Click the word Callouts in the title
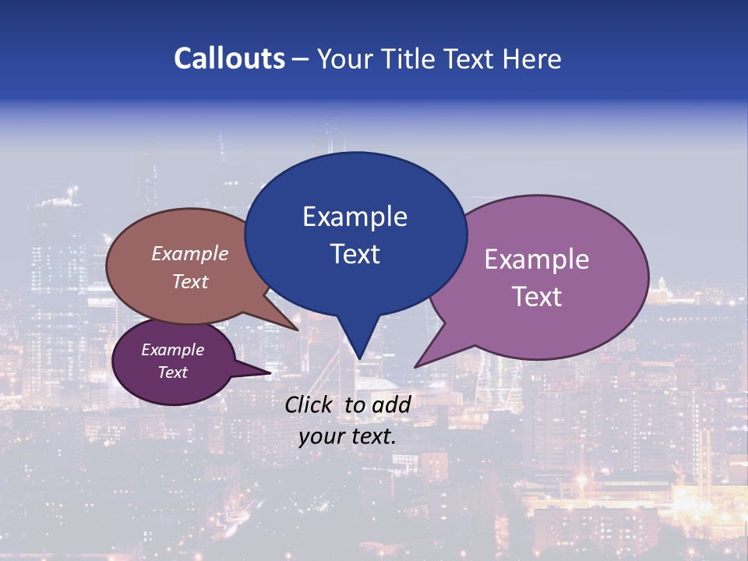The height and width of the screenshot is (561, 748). pyautogui.click(x=229, y=58)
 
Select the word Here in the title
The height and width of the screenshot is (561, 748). pyautogui.click(x=532, y=58)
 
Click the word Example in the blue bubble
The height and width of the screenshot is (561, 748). pyautogui.click(x=355, y=217)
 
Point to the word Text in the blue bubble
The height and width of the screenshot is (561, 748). pyautogui.click(x=355, y=254)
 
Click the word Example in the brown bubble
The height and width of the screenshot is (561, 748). pyautogui.click(x=190, y=253)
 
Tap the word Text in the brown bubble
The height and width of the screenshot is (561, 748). pyautogui.click(x=190, y=281)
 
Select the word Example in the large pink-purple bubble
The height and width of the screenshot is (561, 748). pyautogui.click(x=537, y=259)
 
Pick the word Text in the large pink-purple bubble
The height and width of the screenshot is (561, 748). pyautogui.click(x=537, y=297)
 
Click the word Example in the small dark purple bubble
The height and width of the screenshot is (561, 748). pyautogui.click(x=173, y=350)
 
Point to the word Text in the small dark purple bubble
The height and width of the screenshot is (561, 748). pyautogui.click(x=173, y=372)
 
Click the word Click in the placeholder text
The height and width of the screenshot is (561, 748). pyautogui.click(x=309, y=404)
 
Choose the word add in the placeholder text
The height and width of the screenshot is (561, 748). pyautogui.click(x=391, y=404)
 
